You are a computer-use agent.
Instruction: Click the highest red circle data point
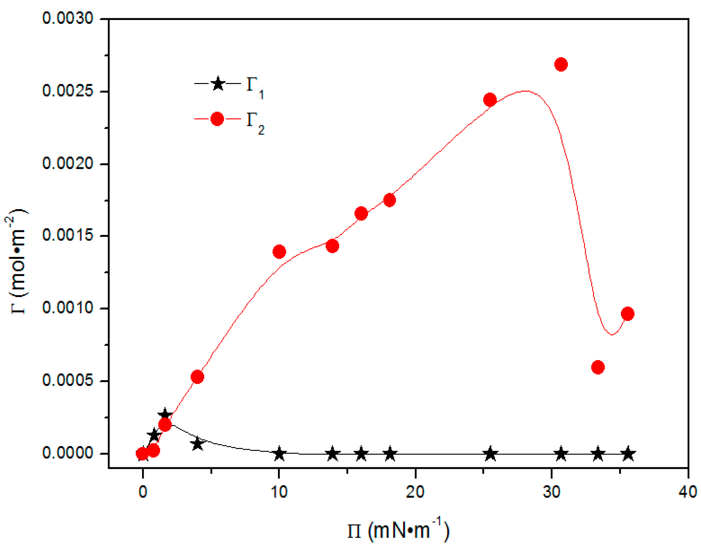561,64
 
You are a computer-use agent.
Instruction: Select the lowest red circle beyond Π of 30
598,367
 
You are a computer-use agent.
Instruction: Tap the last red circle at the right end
628,314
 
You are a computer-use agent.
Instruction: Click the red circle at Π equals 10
279,251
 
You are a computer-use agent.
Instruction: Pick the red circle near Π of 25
490,100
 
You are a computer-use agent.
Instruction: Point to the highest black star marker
165,414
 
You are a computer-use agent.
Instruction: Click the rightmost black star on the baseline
628,454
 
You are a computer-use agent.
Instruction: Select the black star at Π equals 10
279,454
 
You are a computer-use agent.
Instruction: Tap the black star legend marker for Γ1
218,84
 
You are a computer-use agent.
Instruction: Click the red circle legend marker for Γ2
217,119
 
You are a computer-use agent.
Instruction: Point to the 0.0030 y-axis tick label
68,18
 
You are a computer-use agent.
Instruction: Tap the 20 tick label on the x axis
415,491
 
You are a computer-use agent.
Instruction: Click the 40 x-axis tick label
687,491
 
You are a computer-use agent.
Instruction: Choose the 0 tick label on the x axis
143,491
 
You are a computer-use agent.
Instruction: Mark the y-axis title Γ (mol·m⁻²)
17,261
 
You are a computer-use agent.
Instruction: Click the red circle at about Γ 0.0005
197,377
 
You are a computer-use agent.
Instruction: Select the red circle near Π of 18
389,200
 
